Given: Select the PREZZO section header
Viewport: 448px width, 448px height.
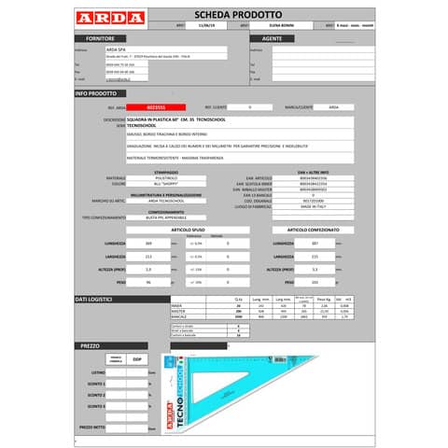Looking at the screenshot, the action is (x=90, y=345).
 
